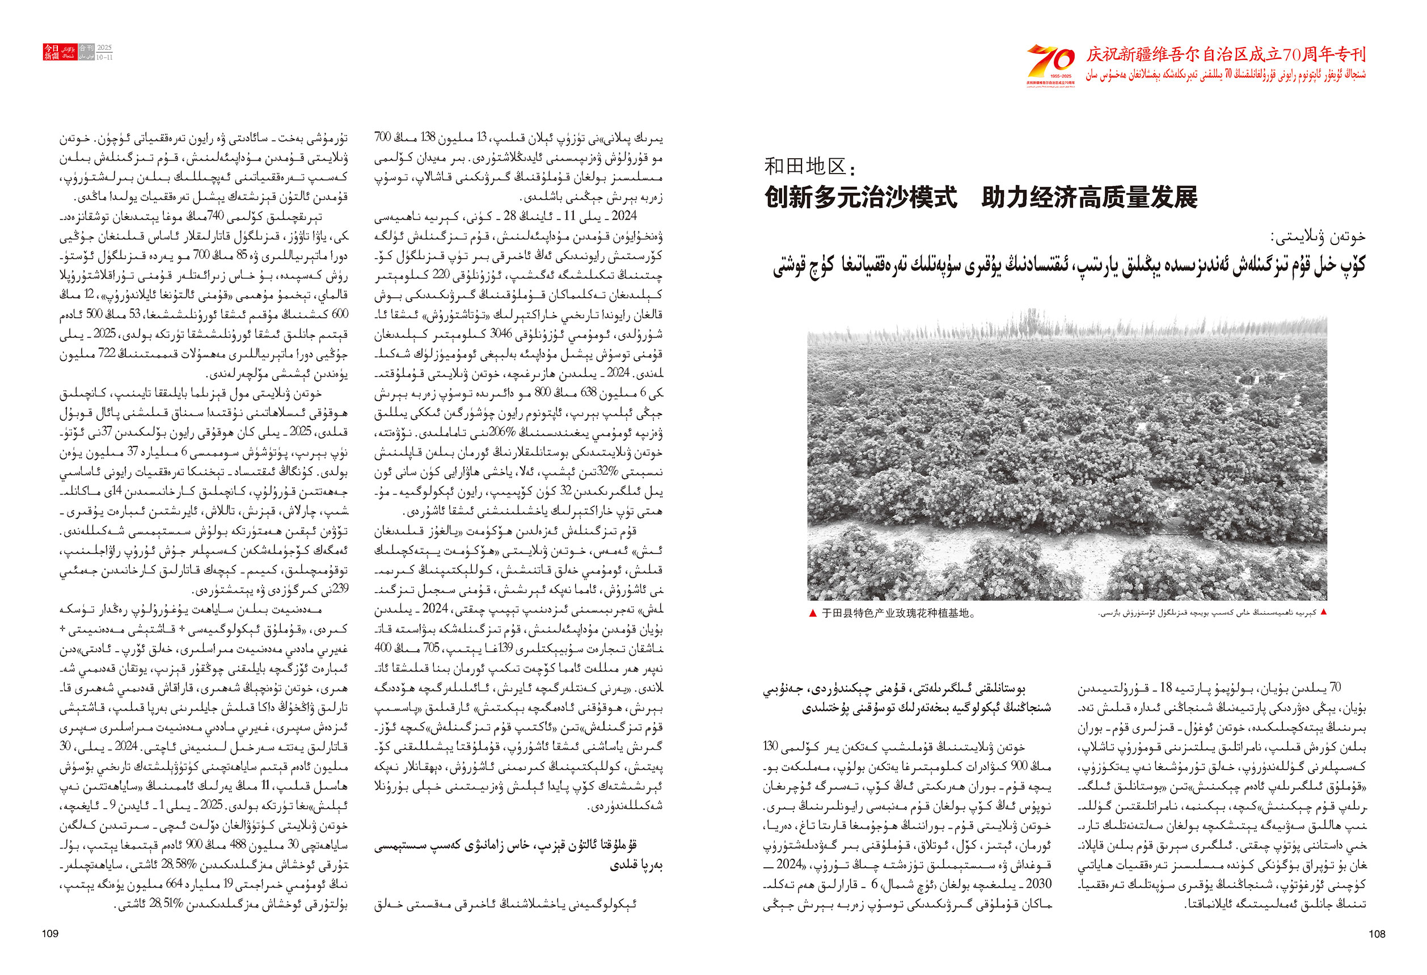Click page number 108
point(1377,934)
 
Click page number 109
point(50,934)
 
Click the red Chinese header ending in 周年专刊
point(1226,55)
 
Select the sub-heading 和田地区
point(809,166)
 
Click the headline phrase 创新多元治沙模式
point(860,198)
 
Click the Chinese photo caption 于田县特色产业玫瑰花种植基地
point(898,613)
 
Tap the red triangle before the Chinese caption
point(813,613)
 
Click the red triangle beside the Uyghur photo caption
point(1323,612)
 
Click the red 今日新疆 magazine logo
point(52,52)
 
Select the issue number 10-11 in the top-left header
point(105,57)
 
